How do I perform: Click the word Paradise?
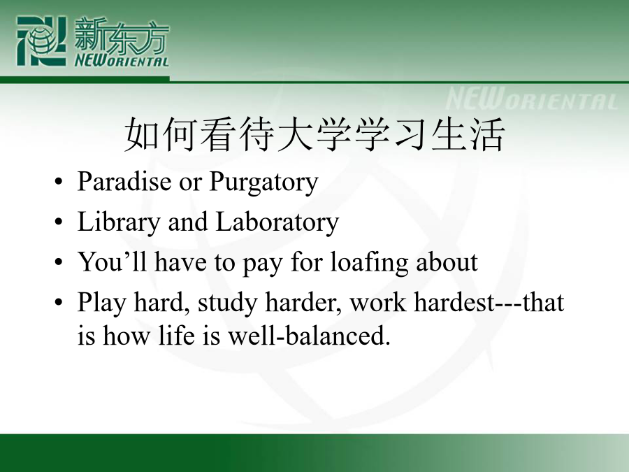(124, 181)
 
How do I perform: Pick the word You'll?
(112, 262)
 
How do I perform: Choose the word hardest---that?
(489, 302)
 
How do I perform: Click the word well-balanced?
(309, 335)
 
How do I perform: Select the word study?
(227, 303)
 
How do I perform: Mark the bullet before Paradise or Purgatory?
(59, 182)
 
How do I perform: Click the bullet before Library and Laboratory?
(59, 222)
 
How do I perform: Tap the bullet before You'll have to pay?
(59, 262)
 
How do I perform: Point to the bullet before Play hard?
(59, 302)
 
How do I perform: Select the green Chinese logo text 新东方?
(121, 36)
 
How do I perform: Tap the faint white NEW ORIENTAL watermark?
(532, 99)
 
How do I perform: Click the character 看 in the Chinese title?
(219, 134)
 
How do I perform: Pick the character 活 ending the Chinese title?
(486, 134)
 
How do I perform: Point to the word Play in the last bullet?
(102, 303)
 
